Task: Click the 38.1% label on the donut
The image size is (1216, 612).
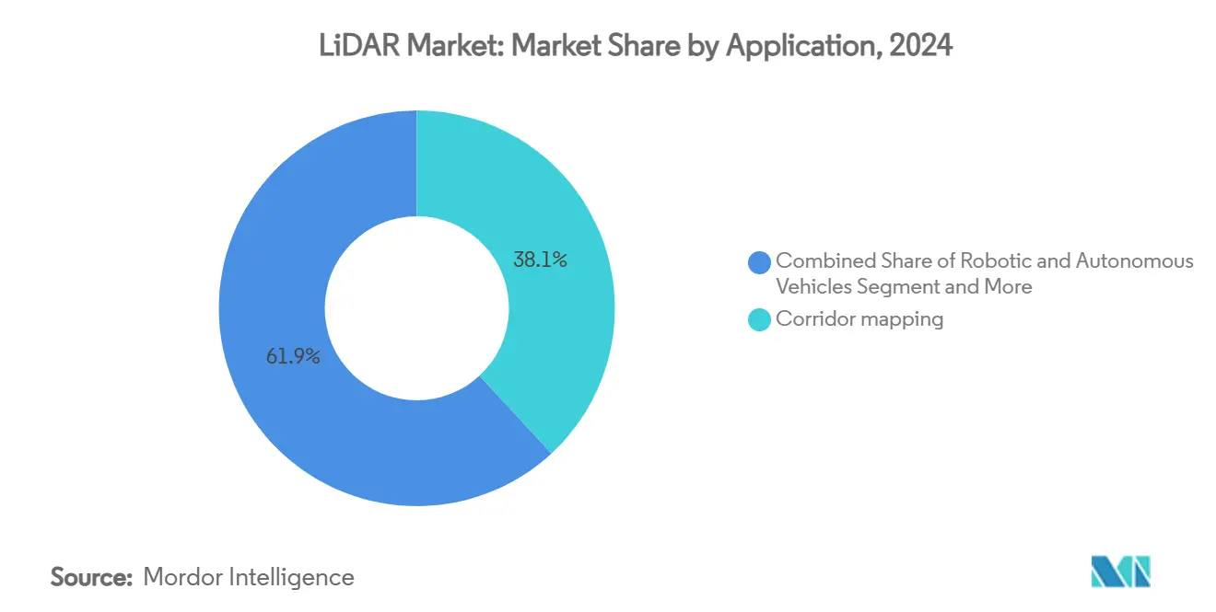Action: pyautogui.click(x=539, y=260)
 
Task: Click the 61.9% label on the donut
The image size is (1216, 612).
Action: pyautogui.click(x=293, y=357)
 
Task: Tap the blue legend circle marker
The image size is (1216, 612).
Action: pyautogui.click(x=760, y=262)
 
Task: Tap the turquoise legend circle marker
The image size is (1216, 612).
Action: pyautogui.click(x=760, y=320)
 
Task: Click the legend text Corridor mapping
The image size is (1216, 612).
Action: pyautogui.click(x=859, y=319)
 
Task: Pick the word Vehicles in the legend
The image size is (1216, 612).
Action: pyautogui.click(x=813, y=287)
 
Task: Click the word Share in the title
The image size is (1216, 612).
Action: pyautogui.click(x=647, y=45)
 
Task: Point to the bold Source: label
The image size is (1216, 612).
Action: pyautogui.click(x=91, y=577)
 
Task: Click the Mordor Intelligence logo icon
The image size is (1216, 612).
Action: pyautogui.click(x=1121, y=572)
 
